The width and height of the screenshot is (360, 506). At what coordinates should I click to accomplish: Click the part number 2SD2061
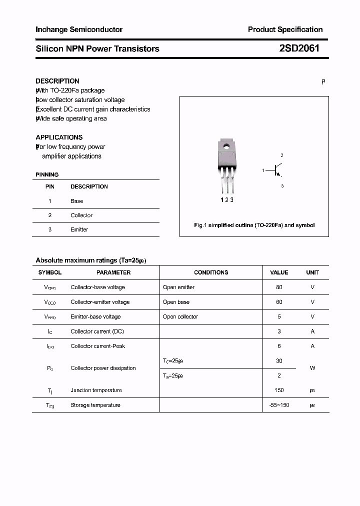(x=299, y=48)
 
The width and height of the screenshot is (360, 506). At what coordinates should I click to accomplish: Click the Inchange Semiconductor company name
(x=79, y=29)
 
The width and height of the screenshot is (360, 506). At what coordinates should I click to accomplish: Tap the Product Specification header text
(x=285, y=29)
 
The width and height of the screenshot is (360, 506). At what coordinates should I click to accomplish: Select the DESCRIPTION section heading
(x=57, y=81)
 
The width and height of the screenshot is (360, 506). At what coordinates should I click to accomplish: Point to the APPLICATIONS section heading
(x=59, y=137)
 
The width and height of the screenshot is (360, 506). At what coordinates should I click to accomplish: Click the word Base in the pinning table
(x=77, y=201)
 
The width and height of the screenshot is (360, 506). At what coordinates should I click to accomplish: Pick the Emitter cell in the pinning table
(x=79, y=229)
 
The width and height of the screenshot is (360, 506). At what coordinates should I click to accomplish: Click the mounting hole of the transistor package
(x=226, y=147)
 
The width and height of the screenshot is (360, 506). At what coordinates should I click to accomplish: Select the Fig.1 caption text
(x=254, y=225)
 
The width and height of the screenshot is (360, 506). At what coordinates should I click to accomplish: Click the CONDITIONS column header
(x=211, y=272)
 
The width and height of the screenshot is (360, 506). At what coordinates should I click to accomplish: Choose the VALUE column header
(x=279, y=272)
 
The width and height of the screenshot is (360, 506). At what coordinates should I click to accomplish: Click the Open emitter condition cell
(x=178, y=287)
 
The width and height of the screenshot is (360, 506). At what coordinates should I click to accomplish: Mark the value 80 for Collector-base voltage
(x=279, y=287)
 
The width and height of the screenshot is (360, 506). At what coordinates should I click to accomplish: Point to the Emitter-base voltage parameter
(x=95, y=316)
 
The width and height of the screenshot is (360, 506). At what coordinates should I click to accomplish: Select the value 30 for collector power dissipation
(x=279, y=360)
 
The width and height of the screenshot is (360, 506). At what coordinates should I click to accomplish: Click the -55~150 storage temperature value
(x=278, y=405)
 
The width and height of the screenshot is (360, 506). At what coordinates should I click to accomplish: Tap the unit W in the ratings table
(x=312, y=368)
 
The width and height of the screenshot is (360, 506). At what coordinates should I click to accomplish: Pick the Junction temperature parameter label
(x=96, y=390)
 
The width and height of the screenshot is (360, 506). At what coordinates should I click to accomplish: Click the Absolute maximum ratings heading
(x=90, y=260)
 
